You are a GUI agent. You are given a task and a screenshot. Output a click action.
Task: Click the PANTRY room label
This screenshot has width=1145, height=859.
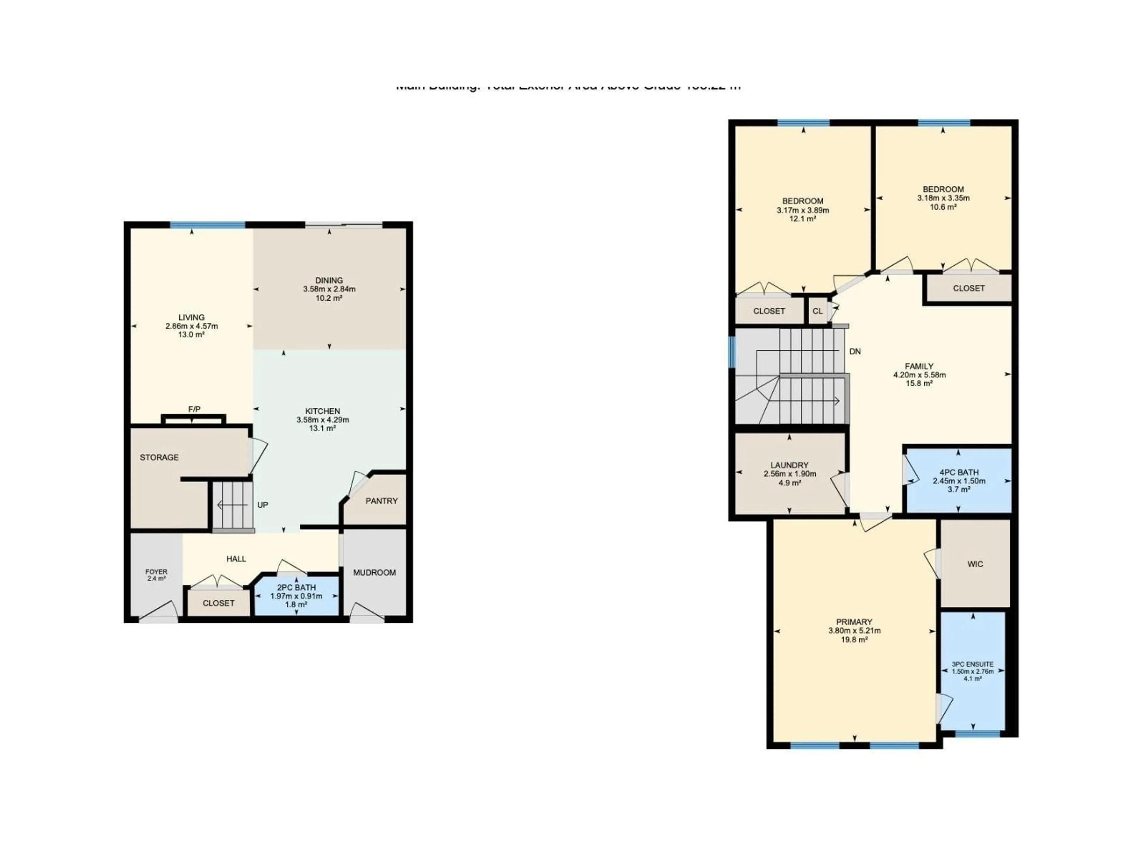381,501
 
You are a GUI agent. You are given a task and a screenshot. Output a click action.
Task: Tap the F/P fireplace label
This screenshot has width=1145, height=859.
194,409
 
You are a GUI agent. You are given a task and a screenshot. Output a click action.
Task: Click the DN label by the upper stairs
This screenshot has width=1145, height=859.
855,352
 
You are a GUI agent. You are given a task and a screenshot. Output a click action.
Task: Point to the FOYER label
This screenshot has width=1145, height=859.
156,572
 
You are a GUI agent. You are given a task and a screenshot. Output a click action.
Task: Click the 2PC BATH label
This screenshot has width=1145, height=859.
296,588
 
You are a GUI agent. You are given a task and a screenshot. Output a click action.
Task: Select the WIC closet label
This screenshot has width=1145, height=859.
975,564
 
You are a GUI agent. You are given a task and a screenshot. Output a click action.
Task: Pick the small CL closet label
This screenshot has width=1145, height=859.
817,311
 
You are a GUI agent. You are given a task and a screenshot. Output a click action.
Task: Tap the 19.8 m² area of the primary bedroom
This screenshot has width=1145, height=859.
854,639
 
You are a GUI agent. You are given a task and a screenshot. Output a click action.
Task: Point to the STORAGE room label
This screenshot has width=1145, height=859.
160,457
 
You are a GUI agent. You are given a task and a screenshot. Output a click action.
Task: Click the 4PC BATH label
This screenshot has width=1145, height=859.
959,472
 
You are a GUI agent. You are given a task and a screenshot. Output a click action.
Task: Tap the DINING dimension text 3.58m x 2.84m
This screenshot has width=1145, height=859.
329,289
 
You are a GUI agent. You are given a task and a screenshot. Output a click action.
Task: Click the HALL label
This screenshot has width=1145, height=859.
236,559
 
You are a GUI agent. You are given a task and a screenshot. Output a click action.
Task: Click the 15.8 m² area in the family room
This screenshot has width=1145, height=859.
919,384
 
